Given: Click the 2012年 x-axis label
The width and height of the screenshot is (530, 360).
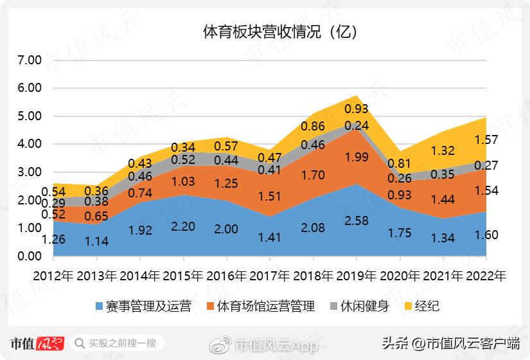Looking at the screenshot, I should [52, 276].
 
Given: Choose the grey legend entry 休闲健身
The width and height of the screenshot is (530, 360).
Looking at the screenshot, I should [358, 306].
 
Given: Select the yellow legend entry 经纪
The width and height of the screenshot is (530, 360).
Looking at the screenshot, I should [420, 306].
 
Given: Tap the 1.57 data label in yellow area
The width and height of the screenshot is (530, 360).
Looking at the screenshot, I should [487, 139].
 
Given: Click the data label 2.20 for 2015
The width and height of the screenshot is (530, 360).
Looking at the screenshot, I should [183, 226].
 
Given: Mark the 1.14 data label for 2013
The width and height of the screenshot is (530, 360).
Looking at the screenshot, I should [96, 242].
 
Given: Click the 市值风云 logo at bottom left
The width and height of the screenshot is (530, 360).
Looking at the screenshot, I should [37, 343].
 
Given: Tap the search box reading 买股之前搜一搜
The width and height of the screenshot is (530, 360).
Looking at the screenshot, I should [119, 343].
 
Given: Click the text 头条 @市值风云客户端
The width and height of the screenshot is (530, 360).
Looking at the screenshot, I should [452, 343].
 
